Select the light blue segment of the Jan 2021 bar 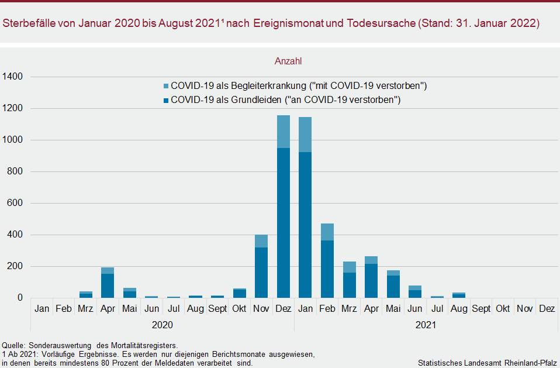[305, 135]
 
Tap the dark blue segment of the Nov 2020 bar [261, 272]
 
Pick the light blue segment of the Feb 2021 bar [327, 232]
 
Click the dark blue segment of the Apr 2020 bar [108, 286]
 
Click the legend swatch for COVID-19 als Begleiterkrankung [166, 86]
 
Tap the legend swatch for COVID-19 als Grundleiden [166, 100]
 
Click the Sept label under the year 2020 [217, 308]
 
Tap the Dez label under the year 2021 [547, 308]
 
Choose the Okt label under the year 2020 [239, 308]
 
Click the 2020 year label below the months [162, 324]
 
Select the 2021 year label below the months [426, 324]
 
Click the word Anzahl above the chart [288, 61]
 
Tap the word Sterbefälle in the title [29, 23]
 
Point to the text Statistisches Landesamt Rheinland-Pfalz [488, 363]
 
